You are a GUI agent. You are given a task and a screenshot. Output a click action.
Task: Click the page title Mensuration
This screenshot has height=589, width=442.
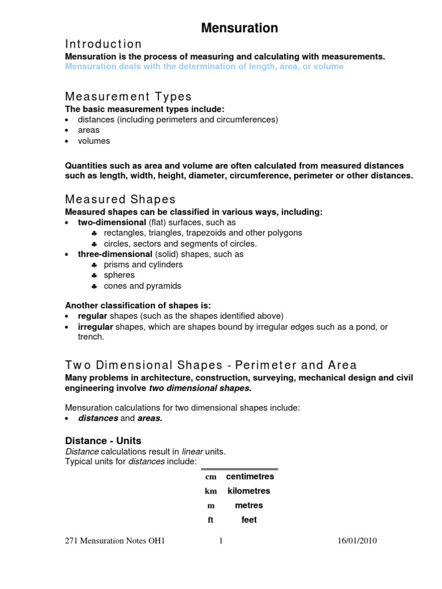(x=239, y=28)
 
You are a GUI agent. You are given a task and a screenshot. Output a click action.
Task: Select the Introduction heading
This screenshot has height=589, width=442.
(x=103, y=44)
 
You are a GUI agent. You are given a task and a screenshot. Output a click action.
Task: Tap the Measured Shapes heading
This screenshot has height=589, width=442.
(x=120, y=199)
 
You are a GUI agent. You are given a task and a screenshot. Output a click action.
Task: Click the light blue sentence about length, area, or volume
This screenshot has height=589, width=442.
(x=204, y=67)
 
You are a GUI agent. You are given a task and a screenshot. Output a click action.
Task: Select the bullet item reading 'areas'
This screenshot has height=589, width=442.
(x=89, y=130)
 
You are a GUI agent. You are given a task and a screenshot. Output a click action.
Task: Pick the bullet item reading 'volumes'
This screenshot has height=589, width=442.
(x=94, y=141)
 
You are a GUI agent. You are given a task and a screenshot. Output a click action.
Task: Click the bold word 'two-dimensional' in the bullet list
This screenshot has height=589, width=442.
(x=112, y=222)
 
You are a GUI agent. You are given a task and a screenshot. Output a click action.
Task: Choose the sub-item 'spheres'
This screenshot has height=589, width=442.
(x=119, y=275)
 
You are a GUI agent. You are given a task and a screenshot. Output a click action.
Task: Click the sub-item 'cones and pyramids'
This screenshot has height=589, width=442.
(x=142, y=286)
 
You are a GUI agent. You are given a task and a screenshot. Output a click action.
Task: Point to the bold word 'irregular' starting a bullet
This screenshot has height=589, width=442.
(x=96, y=327)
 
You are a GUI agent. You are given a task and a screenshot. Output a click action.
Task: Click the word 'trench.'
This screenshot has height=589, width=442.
(x=91, y=337)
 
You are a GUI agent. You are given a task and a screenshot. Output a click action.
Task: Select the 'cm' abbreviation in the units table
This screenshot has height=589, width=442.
(x=210, y=477)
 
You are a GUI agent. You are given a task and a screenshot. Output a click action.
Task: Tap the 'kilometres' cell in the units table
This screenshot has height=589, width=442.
(x=249, y=491)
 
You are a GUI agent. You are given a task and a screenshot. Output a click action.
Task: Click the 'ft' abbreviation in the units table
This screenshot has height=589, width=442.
(x=211, y=520)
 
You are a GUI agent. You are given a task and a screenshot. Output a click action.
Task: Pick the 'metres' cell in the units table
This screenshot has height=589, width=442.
(x=249, y=506)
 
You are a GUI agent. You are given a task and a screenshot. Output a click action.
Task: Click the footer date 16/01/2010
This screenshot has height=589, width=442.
(x=357, y=541)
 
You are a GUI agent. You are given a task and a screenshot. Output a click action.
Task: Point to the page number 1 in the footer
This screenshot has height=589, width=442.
(x=220, y=541)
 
